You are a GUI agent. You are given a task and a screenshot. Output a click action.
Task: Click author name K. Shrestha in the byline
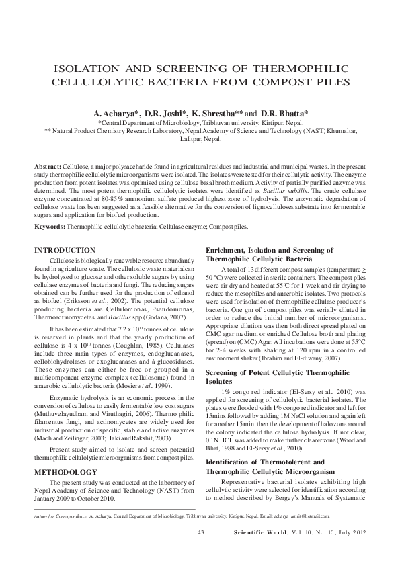pos(212,114)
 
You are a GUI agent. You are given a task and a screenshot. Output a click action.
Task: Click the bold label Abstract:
pos(48,165)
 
